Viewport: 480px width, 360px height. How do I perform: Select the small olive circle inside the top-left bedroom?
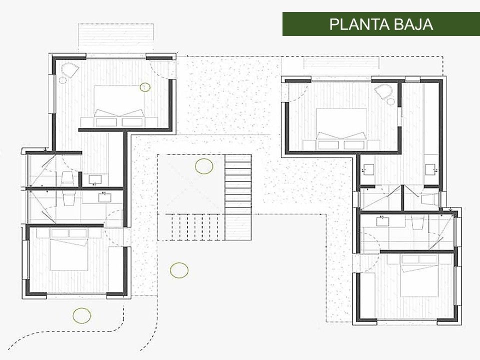tap(145, 87)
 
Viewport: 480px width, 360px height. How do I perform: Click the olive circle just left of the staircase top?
tap(204, 166)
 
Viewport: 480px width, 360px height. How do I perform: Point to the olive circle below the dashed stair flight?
tap(179, 270)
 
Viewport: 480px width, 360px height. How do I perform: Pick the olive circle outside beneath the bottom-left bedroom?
tap(81, 315)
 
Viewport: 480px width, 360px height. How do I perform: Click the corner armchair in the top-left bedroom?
tap(70, 70)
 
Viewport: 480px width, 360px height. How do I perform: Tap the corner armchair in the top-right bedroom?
tap(383, 91)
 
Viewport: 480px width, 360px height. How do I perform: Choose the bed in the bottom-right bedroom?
tap(419, 275)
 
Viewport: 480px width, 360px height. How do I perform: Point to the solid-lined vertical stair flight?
tap(238, 197)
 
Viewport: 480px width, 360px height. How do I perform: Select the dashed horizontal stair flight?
tap(191, 227)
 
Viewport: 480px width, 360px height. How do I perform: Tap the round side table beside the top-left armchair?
tap(62, 80)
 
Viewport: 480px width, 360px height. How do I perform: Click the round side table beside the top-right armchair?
tap(391, 101)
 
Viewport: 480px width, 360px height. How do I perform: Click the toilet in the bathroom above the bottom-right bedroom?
tap(416, 222)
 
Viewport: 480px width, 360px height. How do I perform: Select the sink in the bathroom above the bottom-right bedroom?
tap(382, 220)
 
